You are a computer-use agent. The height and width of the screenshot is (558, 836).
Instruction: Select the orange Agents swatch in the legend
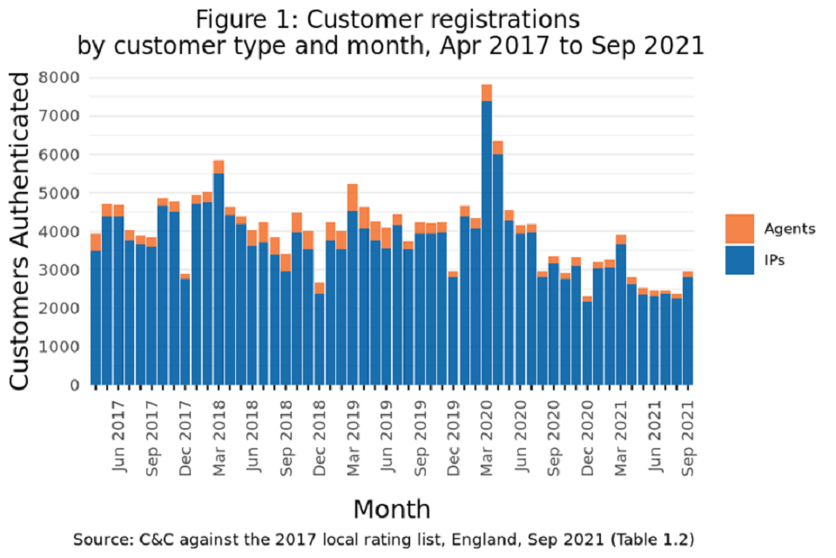tap(739, 228)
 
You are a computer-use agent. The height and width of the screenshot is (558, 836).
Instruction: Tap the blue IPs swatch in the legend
tap(739, 260)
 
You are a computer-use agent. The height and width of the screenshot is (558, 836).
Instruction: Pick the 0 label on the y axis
tap(74, 384)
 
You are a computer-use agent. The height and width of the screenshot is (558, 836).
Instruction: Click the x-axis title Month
tap(391, 508)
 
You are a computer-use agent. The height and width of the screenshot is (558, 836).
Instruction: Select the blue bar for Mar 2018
tap(219, 279)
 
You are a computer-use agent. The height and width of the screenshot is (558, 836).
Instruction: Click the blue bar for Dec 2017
tap(185, 331)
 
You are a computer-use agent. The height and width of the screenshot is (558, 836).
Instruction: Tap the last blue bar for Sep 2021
tap(688, 330)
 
